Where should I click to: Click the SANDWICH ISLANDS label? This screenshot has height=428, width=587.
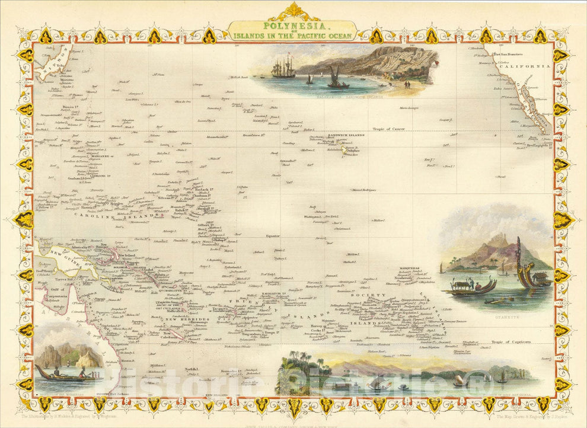pyautogui.click(x=346, y=135)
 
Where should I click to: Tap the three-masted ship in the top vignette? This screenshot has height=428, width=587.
pyautogui.click(x=284, y=68)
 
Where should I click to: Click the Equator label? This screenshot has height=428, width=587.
pyautogui.click(x=272, y=235)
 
